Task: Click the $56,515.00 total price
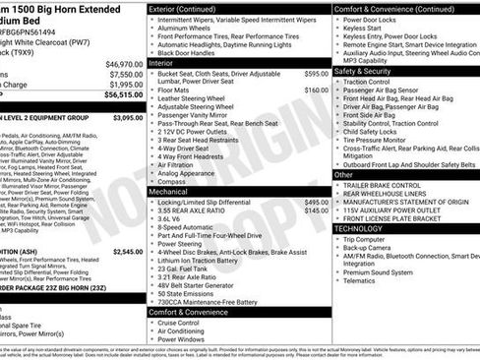pos(123,94)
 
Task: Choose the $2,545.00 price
pos(127,252)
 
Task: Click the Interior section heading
pos(162,62)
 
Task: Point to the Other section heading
pos(344,174)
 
